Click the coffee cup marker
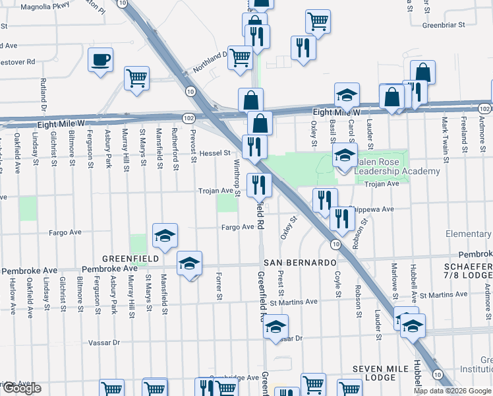(100, 60)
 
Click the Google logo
(21, 389)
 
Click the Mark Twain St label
(446, 136)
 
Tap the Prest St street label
(281, 283)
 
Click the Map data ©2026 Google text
(451, 391)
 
